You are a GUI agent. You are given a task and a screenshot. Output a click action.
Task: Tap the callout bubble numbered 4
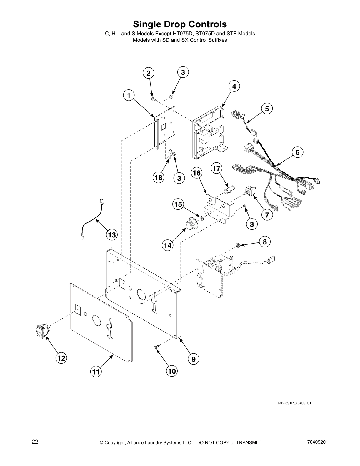234,86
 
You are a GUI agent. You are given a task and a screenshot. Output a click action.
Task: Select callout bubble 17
216,168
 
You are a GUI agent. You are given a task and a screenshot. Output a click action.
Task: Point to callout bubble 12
61,358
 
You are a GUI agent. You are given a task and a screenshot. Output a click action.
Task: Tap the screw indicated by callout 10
156,347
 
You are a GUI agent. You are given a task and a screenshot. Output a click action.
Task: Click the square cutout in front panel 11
78,309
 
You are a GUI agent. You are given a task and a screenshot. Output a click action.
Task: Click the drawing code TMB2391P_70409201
293,403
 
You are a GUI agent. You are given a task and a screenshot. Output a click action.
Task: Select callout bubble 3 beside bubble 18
179,178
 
